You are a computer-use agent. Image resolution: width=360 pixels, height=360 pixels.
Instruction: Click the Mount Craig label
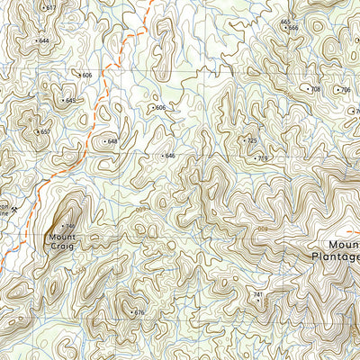(x=62, y=240)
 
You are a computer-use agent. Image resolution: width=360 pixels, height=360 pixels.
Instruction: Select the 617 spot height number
(x=50, y=8)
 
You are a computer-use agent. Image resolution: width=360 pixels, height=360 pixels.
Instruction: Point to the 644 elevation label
(x=44, y=40)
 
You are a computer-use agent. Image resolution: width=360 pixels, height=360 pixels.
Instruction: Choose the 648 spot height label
(x=112, y=141)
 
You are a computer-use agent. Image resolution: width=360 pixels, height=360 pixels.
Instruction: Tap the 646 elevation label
(x=170, y=156)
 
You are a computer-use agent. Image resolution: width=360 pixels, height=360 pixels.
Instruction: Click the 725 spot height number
(x=253, y=140)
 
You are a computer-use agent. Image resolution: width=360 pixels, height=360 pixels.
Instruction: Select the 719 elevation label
(x=263, y=158)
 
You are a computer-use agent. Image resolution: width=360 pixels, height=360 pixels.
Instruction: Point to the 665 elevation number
(x=285, y=22)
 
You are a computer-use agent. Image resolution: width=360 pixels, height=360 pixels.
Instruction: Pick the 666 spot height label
(x=293, y=28)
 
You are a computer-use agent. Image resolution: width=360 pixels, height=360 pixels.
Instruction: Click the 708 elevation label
(x=315, y=89)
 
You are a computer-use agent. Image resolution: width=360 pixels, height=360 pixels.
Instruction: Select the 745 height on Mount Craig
(x=70, y=226)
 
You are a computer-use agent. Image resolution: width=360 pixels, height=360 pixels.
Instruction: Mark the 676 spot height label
(x=139, y=312)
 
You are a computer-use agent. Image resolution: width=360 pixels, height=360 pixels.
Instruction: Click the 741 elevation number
(x=257, y=295)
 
